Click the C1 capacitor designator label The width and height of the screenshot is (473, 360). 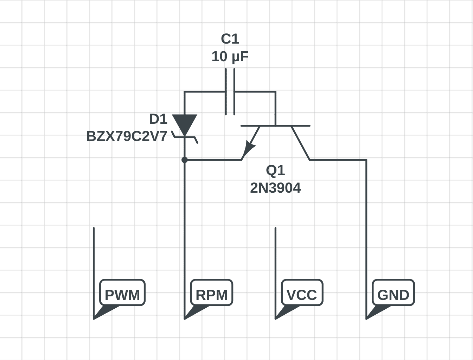click(x=230, y=39)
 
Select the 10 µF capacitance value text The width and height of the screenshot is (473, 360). click(x=230, y=57)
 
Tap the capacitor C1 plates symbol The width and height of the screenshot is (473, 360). click(x=230, y=92)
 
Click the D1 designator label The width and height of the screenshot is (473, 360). click(x=158, y=119)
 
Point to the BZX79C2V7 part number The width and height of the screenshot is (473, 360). click(x=127, y=136)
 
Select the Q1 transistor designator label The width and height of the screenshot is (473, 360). click(x=275, y=170)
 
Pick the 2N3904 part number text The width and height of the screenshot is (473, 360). click(x=275, y=188)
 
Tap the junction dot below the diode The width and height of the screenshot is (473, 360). click(x=185, y=160)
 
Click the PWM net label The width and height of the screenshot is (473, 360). click(x=122, y=295)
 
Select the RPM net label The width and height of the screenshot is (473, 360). click(x=211, y=295)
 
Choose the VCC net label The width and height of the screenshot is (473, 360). click(x=302, y=295)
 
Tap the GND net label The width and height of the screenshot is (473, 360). click(x=393, y=295)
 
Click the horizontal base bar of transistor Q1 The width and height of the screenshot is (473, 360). click(x=275, y=126)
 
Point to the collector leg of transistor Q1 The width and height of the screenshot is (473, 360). click(x=301, y=143)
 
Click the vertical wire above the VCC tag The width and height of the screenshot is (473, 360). click(x=275, y=253)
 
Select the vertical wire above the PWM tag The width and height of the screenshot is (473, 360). click(x=94, y=253)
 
